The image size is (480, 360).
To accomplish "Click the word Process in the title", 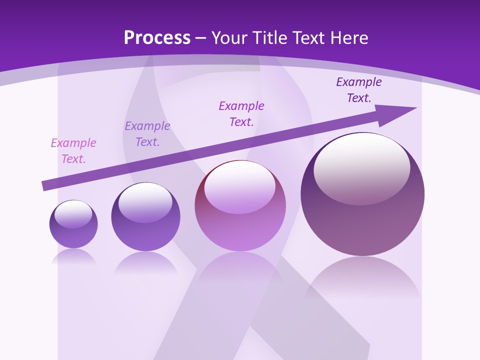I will [157, 37].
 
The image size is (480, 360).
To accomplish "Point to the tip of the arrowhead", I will [416, 107].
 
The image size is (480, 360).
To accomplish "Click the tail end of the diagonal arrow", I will [43, 186].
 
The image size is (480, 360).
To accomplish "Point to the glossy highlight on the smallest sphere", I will [73, 213].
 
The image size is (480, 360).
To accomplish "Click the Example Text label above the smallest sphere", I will [73, 151].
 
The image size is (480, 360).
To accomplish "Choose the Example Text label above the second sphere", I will [147, 134].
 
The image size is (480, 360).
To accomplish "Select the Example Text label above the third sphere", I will [241, 114].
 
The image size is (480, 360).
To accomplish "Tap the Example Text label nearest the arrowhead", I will [359, 90].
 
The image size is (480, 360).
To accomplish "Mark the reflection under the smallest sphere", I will [73, 256].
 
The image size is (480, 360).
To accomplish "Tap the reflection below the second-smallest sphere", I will [145, 262].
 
